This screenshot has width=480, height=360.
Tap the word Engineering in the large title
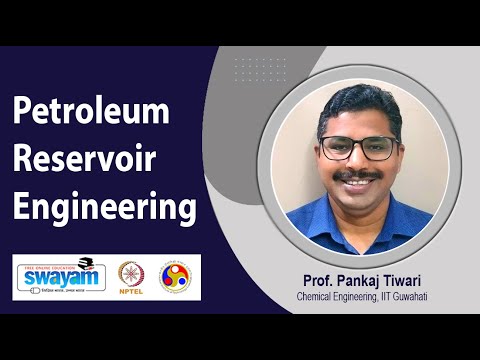pyautogui.click(x=103, y=208)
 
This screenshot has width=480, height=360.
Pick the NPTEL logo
pyautogui.click(x=131, y=275)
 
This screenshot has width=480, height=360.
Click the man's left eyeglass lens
pyautogui.click(x=379, y=147)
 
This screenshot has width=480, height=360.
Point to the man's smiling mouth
pyautogui.click(x=359, y=186)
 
